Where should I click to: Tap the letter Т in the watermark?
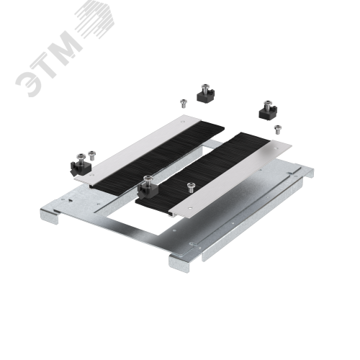[48, 63]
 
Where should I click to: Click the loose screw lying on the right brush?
[191, 187]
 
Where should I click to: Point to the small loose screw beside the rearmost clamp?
[184, 104]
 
